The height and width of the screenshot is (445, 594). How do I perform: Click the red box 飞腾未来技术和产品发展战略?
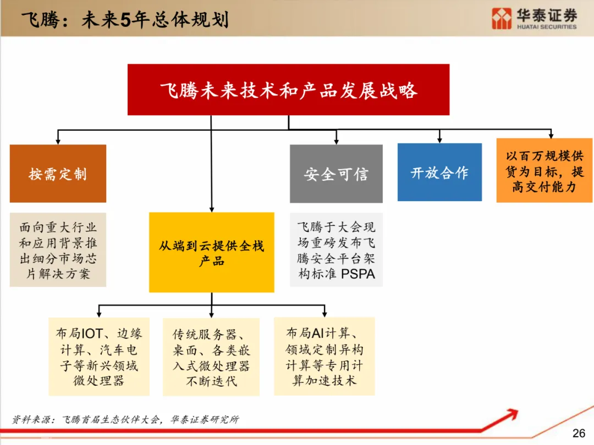pyautogui.click(x=288, y=90)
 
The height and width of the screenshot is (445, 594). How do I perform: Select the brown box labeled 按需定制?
pyautogui.click(x=58, y=174)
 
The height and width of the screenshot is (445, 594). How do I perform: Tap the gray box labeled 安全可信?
pyautogui.click(x=336, y=174)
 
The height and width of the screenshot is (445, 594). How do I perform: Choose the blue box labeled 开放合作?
pyautogui.click(x=439, y=172)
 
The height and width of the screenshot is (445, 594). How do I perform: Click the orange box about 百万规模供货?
pyautogui.click(x=544, y=170)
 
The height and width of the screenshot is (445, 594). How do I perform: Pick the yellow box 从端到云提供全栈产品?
pyautogui.click(x=211, y=252)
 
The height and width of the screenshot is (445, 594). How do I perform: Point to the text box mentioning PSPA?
pyautogui.click(x=336, y=250)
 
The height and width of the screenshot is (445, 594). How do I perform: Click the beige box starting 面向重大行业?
pyautogui.click(x=58, y=250)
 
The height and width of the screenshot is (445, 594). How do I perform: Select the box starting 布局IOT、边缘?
pyautogui.click(x=99, y=357)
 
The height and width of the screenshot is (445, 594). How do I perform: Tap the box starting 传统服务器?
pyautogui.click(x=211, y=357)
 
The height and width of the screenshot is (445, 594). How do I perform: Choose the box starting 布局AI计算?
pyautogui.click(x=324, y=356)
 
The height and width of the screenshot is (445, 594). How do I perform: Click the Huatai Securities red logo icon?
pyautogui.click(x=502, y=18)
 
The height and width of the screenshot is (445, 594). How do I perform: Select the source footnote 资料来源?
pyautogui.click(x=125, y=419)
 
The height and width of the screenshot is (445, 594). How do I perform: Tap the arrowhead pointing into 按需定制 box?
pyautogui.click(x=58, y=142)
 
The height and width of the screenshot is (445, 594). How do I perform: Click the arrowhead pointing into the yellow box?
pyautogui.click(x=211, y=209)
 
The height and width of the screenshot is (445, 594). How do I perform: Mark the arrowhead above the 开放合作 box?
pyautogui.click(x=439, y=141)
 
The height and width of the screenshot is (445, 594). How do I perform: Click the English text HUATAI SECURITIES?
pyautogui.click(x=547, y=26)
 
